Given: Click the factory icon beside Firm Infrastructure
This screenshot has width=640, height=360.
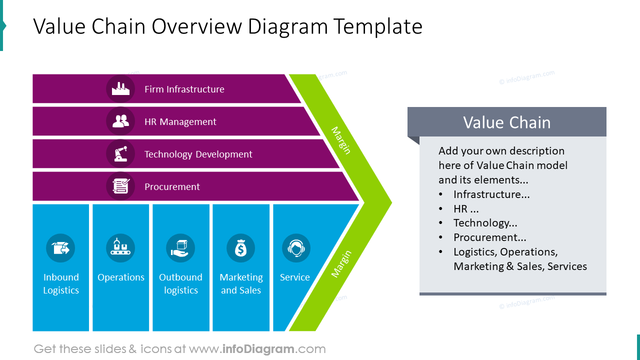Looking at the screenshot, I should pyautogui.click(x=120, y=89).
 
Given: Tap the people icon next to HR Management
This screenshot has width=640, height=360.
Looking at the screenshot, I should pyautogui.click(x=120, y=121).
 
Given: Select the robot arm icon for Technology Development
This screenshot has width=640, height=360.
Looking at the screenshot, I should pyautogui.click(x=120, y=154).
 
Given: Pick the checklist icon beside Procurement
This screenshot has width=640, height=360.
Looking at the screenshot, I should pyautogui.click(x=120, y=186).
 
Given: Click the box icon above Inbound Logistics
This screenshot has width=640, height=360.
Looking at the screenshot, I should pyautogui.click(x=60, y=248).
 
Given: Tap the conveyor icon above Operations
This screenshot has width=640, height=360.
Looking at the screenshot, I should pyautogui.click(x=120, y=248).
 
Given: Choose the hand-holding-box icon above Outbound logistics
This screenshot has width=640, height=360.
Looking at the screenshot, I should pyautogui.click(x=180, y=248).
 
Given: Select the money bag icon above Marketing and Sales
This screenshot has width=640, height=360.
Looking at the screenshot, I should pyautogui.click(x=240, y=248).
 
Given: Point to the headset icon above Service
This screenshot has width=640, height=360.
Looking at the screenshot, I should pyautogui.click(x=296, y=248).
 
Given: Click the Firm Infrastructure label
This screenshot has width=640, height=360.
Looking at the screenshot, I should pyautogui.click(x=184, y=89).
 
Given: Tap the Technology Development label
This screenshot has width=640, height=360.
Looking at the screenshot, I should pyautogui.click(x=198, y=154).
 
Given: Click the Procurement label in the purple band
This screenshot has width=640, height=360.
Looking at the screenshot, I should pyautogui.click(x=172, y=187).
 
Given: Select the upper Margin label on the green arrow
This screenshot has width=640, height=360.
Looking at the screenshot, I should pyautogui.click(x=341, y=140).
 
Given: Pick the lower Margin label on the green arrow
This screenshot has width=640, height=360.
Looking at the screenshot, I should pyautogui.click(x=341, y=263).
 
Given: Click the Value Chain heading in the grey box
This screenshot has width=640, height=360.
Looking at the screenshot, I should pyautogui.click(x=506, y=122).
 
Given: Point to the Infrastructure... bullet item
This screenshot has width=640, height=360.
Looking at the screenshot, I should pyautogui.click(x=491, y=194).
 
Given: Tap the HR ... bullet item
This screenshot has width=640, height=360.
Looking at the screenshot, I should pyautogui.click(x=466, y=209).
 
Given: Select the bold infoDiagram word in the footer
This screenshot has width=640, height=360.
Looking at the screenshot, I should pyautogui.click(x=257, y=349).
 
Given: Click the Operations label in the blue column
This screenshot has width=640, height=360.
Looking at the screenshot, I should pyautogui.click(x=121, y=277).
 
